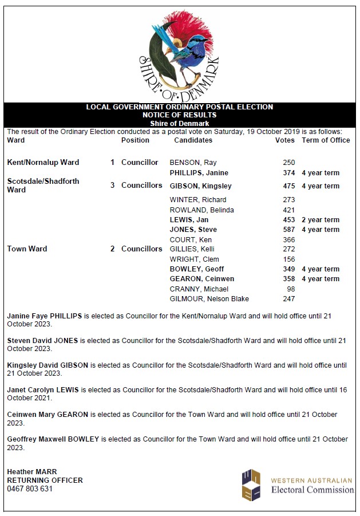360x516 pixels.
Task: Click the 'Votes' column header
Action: pyautogui.click(x=284, y=140)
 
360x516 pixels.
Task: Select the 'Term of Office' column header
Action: pyautogui.click(x=326, y=140)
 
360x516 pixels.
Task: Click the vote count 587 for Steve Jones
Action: pyautogui.click(x=288, y=230)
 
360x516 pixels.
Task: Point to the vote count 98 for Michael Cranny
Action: pyautogui.click(x=290, y=289)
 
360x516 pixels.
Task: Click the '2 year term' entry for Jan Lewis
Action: pyautogui.click(x=321, y=220)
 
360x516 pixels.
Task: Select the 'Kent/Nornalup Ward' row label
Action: pyautogui.click(x=43, y=163)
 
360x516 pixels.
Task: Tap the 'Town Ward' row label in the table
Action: pyautogui.click(x=27, y=249)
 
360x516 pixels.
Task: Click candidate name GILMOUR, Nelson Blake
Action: pyautogui.click(x=209, y=299)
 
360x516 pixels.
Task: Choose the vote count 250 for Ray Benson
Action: pyautogui.click(x=288, y=163)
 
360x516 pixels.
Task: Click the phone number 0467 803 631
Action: pyautogui.click(x=30, y=489)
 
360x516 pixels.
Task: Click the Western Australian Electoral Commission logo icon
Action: pyautogui.click(x=250, y=485)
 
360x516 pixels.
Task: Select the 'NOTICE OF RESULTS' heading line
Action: pyautogui.click(x=179, y=115)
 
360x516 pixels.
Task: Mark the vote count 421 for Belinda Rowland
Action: pyautogui.click(x=288, y=210)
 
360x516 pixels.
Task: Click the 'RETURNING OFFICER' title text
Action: pyautogui.click(x=45, y=480)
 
